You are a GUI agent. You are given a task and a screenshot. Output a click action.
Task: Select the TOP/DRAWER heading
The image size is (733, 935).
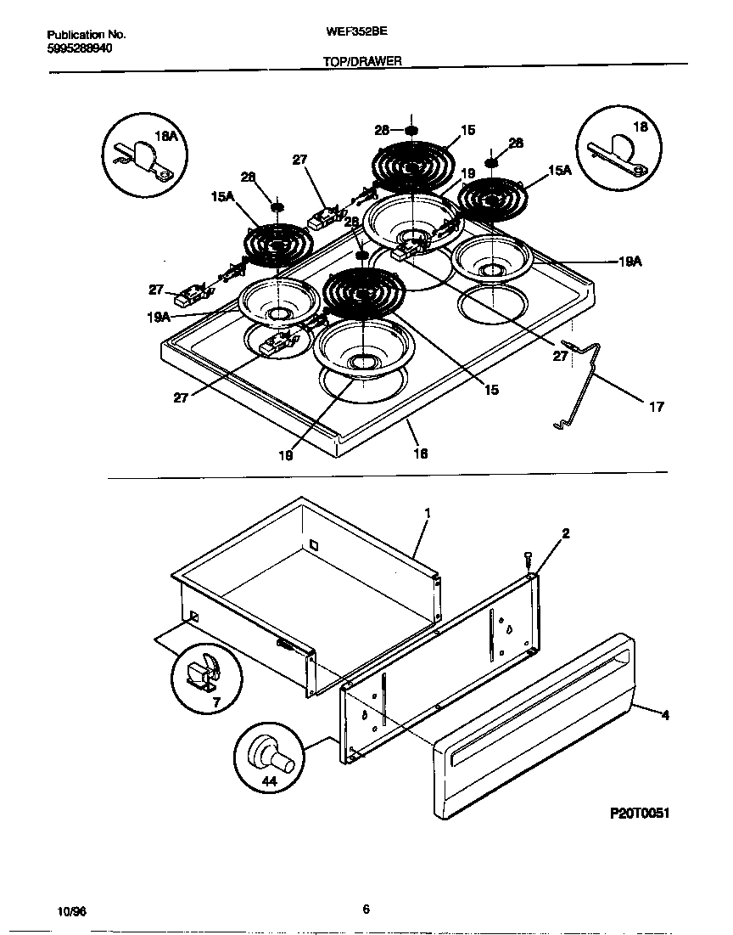[x=362, y=62]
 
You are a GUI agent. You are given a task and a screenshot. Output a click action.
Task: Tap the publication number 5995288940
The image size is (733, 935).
[x=80, y=48]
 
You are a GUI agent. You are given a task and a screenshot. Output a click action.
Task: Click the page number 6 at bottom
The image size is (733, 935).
[x=366, y=910]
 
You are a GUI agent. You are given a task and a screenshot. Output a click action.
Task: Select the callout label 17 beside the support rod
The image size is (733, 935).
[x=657, y=407]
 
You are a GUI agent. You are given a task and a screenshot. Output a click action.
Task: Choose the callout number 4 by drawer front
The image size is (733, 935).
[x=665, y=716]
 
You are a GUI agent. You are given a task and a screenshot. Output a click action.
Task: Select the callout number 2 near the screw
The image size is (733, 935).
[x=565, y=533]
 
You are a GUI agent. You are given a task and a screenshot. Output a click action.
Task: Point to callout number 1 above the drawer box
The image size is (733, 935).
[x=428, y=513]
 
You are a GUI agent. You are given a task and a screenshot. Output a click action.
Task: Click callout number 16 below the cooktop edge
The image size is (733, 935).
[x=420, y=453]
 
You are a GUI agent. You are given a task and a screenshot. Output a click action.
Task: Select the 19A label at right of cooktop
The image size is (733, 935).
[x=629, y=263]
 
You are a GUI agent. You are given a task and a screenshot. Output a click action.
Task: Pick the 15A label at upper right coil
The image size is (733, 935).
[x=560, y=171]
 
